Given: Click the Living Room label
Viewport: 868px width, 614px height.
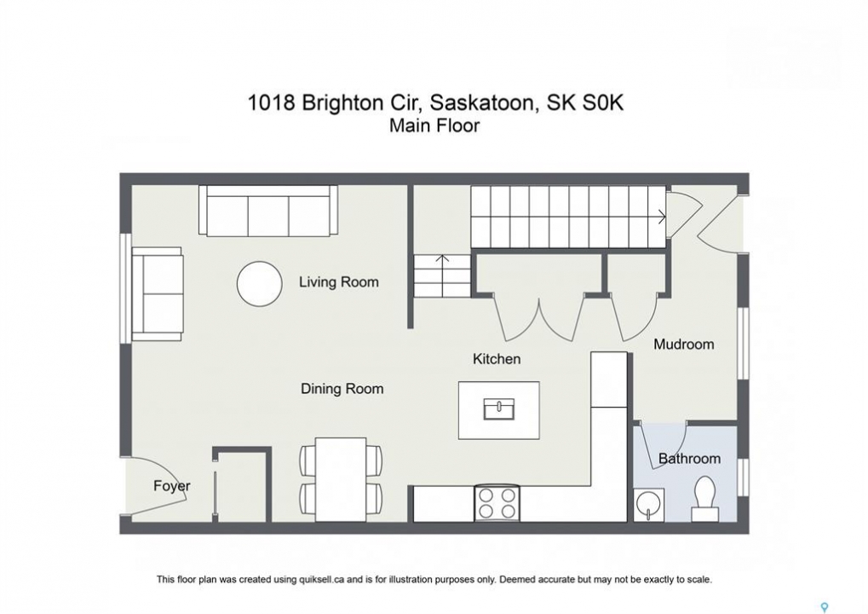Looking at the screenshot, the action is (x=339, y=282).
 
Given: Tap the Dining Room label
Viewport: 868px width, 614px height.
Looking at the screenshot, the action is (x=342, y=389).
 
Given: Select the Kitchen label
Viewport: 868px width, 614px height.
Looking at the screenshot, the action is (x=497, y=359).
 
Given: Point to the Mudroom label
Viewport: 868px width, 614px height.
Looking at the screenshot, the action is (x=684, y=345).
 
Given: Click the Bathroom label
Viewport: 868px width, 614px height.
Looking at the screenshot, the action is (x=689, y=459).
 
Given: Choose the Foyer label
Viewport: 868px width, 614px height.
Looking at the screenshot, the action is (x=171, y=486).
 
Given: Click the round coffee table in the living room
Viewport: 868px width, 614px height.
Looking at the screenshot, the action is (x=259, y=284).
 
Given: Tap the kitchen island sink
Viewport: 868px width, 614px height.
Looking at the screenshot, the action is (x=499, y=409).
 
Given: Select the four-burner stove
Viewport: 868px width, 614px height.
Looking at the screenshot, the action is (x=497, y=504).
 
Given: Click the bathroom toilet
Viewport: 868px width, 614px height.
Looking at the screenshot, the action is (x=705, y=499).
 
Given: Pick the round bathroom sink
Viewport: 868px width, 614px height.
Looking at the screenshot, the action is (x=649, y=505).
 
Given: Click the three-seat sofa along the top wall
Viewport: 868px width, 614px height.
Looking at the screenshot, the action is (x=268, y=211).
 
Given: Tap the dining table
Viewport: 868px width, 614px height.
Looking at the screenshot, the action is (x=341, y=479).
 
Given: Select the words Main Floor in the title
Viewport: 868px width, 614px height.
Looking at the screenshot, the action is (x=434, y=125).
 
